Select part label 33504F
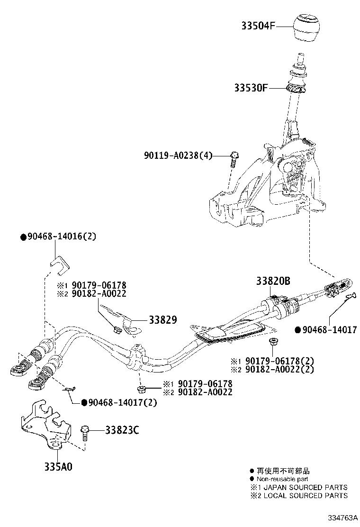point(258,26)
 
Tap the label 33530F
point(251,88)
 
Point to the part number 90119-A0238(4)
point(178,155)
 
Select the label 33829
point(162,320)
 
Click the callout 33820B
point(273,281)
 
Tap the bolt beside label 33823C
point(84,434)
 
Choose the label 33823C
point(122,430)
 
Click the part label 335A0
point(58,467)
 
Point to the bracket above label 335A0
point(45,424)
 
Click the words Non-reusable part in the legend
point(282,479)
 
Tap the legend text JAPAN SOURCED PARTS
point(306,487)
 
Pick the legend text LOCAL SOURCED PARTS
point(306,495)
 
